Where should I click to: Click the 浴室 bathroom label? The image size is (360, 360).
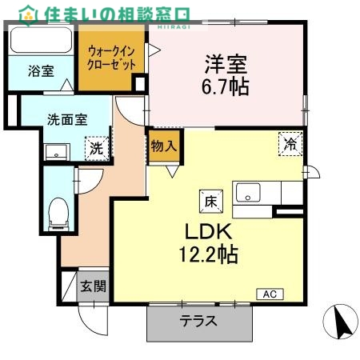[41, 71]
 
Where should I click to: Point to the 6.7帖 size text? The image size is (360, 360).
[225, 84]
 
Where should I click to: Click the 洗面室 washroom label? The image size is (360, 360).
[66, 121]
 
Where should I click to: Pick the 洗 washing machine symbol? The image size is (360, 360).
[96, 148]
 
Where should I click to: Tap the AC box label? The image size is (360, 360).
[269, 294]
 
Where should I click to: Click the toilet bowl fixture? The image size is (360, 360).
[58, 213]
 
